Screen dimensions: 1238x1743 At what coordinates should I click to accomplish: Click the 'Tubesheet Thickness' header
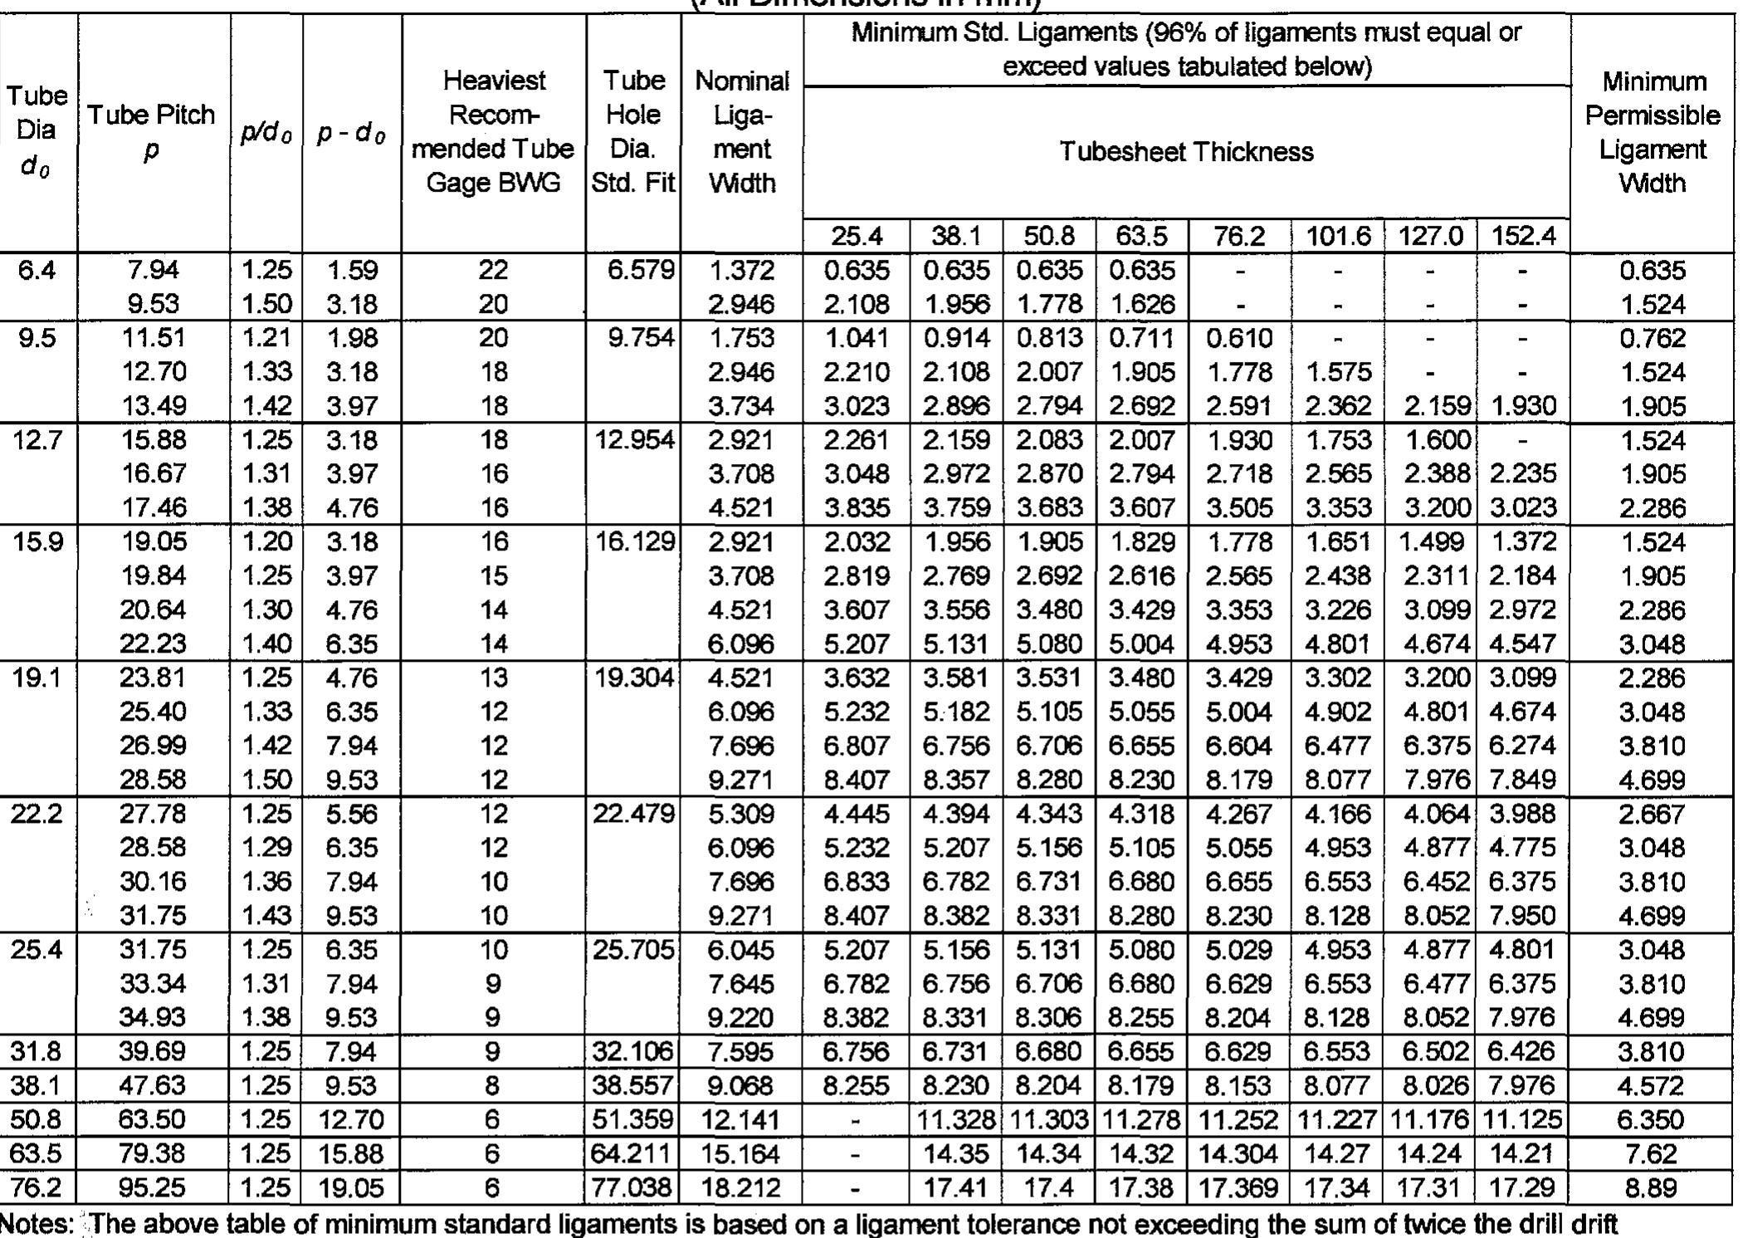[x=1186, y=152]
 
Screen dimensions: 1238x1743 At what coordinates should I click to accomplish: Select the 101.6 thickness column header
[x=1338, y=237]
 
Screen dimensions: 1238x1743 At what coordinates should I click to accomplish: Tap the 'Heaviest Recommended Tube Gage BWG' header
[x=494, y=132]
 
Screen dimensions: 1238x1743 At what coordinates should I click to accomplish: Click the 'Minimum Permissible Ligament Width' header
[x=1652, y=132]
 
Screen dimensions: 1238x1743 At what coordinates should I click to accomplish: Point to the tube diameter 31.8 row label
[x=37, y=1052]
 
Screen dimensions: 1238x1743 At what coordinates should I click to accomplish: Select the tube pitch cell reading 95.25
[x=152, y=1187]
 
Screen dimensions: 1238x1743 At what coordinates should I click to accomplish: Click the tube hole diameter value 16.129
[x=633, y=541]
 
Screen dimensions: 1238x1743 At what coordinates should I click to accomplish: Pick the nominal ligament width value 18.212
[x=741, y=1187]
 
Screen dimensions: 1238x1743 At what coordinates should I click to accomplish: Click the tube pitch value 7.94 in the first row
[x=153, y=270]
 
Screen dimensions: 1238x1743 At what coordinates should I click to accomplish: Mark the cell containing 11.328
[x=955, y=1120]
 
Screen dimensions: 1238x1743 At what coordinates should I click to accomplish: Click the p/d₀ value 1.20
[x=266, y=541]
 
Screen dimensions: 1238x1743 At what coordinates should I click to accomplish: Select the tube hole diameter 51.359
[x=633, y=1120]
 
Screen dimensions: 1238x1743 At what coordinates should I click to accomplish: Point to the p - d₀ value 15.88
[x=352, y=1153]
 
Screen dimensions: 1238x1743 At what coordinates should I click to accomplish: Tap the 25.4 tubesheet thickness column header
[x=857, y=237]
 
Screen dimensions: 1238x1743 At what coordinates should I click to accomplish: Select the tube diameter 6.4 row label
[x=37, y=270]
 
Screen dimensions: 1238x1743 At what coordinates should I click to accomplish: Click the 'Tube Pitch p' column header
[x=152, y=132]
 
